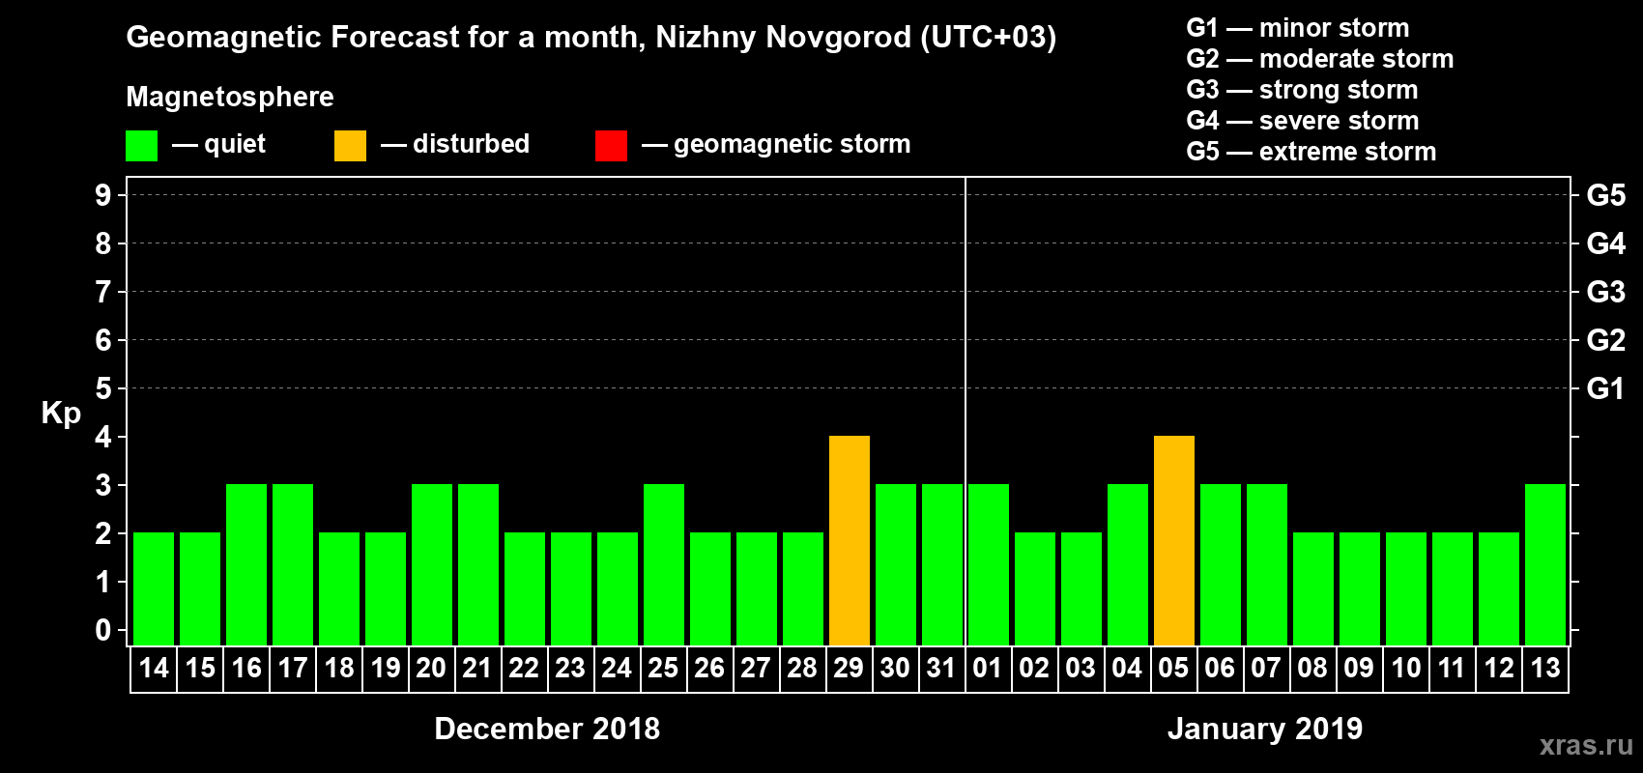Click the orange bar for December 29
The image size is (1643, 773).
[x=850, y=540]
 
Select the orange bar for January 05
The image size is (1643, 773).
[x=1174, y=540]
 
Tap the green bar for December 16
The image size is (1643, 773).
[x=246, y=564]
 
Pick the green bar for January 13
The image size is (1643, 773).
[x=1545, y=564]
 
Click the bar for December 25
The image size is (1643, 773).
[x=664, y=564]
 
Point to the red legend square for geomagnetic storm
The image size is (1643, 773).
[x=611, y=146]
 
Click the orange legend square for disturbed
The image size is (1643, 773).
[x=350, y=146]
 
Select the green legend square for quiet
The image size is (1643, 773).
[x=141, y=146]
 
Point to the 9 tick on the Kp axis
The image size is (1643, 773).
[x=103, y=195]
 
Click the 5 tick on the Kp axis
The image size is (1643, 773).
[x=103, y=388]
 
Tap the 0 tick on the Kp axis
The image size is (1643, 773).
[x=103, y=631]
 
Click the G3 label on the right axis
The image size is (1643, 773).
[x=1605, y=292]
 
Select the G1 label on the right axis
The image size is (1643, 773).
[x=1605, y=388]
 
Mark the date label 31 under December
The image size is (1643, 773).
[x=941, y=668]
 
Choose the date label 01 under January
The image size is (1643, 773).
[x=988, y=668]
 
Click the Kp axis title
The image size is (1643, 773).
[x=61, y=413]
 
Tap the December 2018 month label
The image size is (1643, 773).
[x=547, y=729]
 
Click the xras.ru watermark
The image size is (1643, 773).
[x=1586, y=745]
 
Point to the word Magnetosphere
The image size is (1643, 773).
[x=230, y=97]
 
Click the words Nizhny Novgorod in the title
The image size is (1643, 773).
[x=783, y=37]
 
